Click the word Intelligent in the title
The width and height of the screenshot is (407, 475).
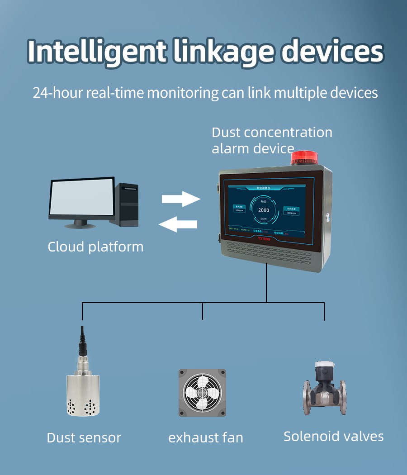point(96,52)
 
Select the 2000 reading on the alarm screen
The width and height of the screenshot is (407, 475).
point(263,210)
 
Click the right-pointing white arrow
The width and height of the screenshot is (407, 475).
point(181,199)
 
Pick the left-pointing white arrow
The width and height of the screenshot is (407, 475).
point(178,223)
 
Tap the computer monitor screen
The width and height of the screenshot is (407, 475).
point(81,199)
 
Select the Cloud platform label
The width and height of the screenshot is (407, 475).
point(95,247)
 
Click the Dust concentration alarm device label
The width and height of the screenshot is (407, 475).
point(271,139)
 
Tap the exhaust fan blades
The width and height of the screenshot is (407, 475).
point(202,392)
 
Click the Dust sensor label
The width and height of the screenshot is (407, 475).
point(84,438)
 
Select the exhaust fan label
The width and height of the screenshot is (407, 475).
point(206,438)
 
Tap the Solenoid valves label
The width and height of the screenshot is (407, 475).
point(333,436)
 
